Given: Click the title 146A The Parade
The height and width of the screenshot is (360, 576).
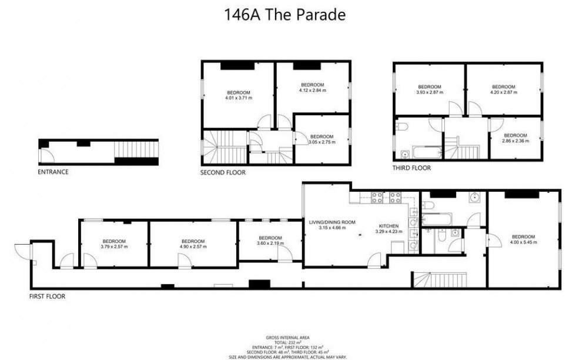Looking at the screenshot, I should coord(284,15).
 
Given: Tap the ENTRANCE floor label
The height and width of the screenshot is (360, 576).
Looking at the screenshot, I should coord(53,172).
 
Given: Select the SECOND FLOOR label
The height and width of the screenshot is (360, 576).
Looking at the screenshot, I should coord(223,173).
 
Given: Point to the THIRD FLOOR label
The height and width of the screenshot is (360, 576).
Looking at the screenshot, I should coord(411,168).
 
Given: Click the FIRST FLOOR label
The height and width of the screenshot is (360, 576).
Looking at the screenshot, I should coord(47,296).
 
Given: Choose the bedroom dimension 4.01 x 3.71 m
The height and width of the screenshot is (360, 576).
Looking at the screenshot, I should coord(239,98).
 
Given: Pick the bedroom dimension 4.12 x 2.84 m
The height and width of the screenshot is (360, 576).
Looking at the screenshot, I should coord(312,91).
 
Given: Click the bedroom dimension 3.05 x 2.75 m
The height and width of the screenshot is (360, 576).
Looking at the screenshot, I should coord(322,142).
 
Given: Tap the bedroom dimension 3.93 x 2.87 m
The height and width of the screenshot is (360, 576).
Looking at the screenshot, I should coord(429,92).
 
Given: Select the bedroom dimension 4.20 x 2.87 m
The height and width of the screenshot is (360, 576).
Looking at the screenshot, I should coord(503,92).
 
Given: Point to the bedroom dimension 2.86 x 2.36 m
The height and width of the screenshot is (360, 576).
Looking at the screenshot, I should coord(515,141).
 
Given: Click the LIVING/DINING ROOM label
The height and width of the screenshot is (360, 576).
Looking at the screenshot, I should coord(333,222).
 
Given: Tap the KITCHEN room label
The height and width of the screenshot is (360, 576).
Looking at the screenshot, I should coord(388,226).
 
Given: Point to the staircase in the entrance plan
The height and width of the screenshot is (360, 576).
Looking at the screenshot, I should coord(136,151).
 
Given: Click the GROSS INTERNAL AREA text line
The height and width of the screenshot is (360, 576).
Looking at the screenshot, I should coord(287,338).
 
